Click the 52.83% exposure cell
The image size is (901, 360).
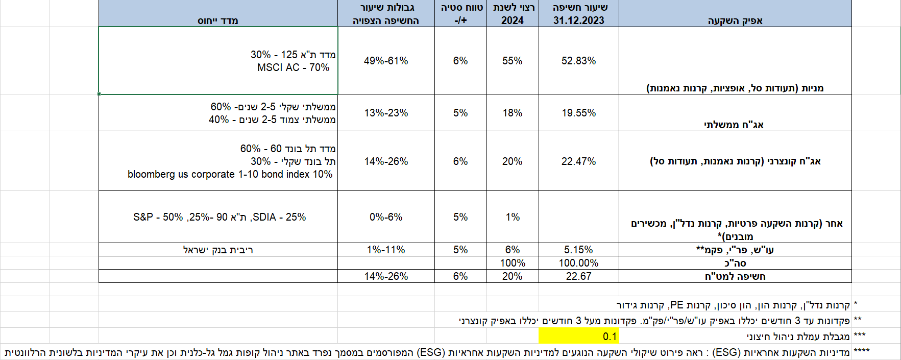click(x=578, y=61)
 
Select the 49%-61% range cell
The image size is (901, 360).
click(x=386, y=61)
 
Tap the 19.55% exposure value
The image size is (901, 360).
click(x=578, y=113)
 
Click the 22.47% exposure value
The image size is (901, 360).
click(x=578, y=161)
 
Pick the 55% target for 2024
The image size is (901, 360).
click(x=512, y=61)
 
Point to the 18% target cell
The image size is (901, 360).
click(x=512, y=113)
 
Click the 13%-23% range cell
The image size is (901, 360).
click(x=386, y=113)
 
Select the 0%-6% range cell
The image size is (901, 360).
click(x=386, y=217)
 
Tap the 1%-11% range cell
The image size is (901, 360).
click(x=386, y=250)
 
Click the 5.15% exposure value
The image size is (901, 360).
click(x=578, y=250)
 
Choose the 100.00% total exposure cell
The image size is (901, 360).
click(x=578, y=263)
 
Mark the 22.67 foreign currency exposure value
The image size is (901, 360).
click(x=578, y=276)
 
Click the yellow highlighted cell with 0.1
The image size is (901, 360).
click(x=610, y=337)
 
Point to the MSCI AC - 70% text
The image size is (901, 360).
click(x=293, y=67)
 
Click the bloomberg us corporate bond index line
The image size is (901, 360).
click(x=230, y=174)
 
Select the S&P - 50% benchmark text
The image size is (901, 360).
click(x=158, y=217)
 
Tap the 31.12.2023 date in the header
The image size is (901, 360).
click(x=578, y=20)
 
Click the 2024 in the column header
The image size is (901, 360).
click(x=512, y=20)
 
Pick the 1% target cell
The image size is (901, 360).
click(x=512, y=217)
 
